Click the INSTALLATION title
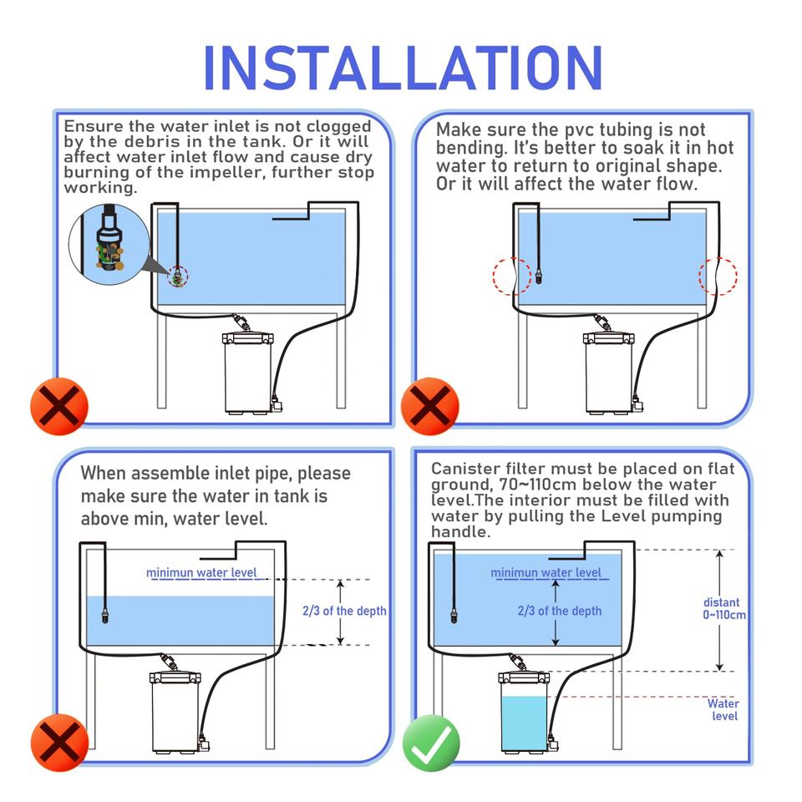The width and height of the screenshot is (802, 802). tap(403, 68)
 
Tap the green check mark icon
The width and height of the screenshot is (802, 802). tap(431, 743)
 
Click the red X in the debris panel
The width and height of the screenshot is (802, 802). tap(59, 406)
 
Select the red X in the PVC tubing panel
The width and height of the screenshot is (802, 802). tap(429, 406)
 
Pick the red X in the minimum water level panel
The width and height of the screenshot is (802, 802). tap(59, 743)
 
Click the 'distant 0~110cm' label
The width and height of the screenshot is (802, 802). tap(723, 608)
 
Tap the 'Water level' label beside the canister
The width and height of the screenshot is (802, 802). tap(723, 709)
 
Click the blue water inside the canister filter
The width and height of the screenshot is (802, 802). tap(525, 723)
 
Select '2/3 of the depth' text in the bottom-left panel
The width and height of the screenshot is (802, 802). tap(344, 611)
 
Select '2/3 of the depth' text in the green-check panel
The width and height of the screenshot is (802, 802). tap(560, 611)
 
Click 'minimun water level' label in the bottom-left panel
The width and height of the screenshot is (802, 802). tap(201, 573)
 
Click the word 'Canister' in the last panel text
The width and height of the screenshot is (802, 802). tap(465, 469)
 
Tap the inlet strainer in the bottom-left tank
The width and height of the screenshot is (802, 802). tap(105, 615)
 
